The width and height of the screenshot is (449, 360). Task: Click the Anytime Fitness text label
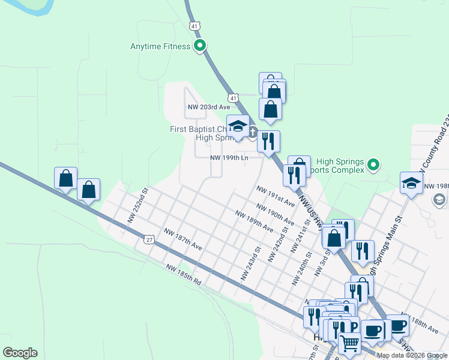160,46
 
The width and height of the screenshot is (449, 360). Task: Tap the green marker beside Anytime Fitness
200,46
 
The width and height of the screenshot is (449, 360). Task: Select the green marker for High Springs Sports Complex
373,164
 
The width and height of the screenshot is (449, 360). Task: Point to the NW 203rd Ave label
209,107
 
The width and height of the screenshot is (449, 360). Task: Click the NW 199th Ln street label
229,158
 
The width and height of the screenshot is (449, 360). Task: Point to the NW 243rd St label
250,264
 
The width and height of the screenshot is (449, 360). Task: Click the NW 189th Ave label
255,221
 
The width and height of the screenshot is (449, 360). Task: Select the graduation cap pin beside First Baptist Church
238,126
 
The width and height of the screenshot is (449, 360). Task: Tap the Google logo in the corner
20,353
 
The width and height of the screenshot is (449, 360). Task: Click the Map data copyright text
412,355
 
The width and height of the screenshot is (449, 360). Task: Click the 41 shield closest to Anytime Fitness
193,26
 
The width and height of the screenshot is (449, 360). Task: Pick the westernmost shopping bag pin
66,178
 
